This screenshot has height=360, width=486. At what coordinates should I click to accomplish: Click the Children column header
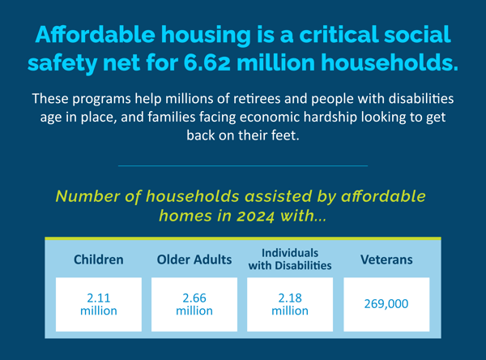(x=98, y=260)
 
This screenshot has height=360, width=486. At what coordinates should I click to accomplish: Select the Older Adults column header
(x=194, y=260)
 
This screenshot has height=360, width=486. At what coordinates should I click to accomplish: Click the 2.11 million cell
(x=98, y=304)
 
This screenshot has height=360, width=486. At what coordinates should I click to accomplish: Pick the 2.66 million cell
(x=194, y=304)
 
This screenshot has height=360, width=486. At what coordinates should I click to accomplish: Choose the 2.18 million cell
(x=289, y=304)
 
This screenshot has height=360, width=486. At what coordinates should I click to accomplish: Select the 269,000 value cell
(x=386, y=305)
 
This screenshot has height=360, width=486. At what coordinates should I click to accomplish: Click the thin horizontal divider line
(x=243, y=165)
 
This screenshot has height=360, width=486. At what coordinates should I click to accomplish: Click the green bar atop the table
(x=243, y=238)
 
